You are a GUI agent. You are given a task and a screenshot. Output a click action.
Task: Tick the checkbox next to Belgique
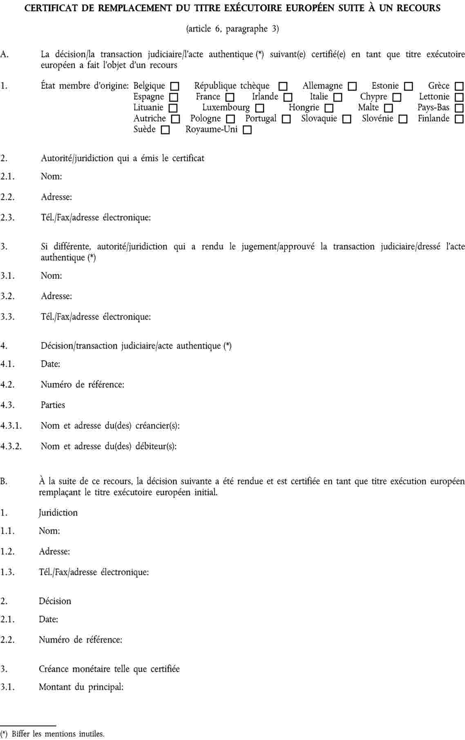(174, 87)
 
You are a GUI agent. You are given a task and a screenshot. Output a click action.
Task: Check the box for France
(230, 98)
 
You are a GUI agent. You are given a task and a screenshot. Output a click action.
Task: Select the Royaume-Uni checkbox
(247, 130)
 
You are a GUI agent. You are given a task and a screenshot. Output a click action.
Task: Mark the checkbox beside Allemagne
(352, 87)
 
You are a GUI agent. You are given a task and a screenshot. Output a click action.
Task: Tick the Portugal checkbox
(286, 119)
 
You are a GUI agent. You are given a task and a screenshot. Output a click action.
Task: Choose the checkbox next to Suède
(165, 130)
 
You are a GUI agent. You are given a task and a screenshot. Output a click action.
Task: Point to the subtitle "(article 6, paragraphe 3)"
(232, 29)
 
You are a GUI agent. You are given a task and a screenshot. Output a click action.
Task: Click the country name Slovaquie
(319, 118)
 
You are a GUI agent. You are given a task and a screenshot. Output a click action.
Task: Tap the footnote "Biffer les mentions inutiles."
(58, 734)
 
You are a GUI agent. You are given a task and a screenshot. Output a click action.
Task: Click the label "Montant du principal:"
(81, 687)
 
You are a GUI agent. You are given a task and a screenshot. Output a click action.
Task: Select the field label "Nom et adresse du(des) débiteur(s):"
(109, 446)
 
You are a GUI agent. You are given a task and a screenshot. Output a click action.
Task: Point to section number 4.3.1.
(11, 426)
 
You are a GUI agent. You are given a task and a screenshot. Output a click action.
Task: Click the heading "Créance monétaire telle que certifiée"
(109, 669)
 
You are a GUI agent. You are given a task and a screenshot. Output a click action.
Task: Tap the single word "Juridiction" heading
(58, 513)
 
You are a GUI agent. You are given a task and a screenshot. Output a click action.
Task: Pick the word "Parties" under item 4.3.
(53, 405)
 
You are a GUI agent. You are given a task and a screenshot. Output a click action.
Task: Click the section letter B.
(4, 481)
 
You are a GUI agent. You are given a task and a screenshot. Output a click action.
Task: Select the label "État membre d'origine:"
(85, 86)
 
